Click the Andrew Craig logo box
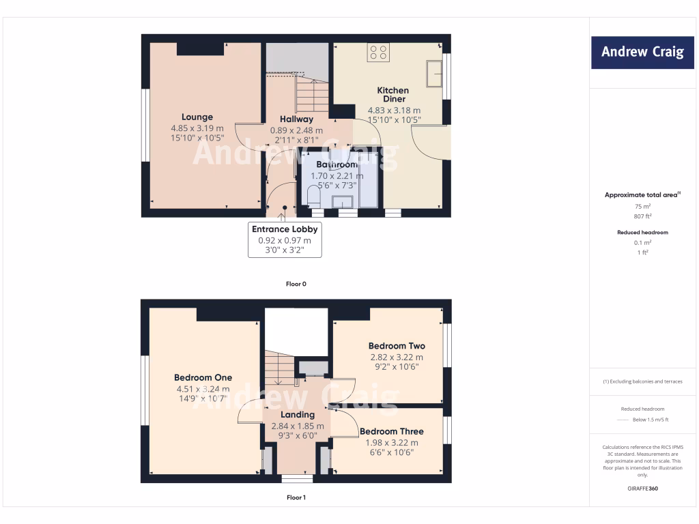(x=642, y=52)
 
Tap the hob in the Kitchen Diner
(x=378, y=53)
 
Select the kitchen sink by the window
(x=433, y=74)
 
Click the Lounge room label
(x=197, y=117)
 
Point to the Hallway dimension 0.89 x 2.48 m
(x=296, y=130)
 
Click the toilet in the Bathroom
(x=313, y=198)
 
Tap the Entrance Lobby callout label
(x=285, y=229)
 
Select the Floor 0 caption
(x=296, y=283)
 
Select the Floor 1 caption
(x=296, y=497)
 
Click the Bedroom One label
(x=203, y=377)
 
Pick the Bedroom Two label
(x=397, y=346)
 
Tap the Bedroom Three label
(x=392, y=431)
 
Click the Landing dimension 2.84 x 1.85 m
(x=298, y=426)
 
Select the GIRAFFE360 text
(x=642, y=489)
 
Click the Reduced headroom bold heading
(x=642, y=233)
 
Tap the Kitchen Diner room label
(x=393, y=94)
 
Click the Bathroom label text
(x=337, y=164)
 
